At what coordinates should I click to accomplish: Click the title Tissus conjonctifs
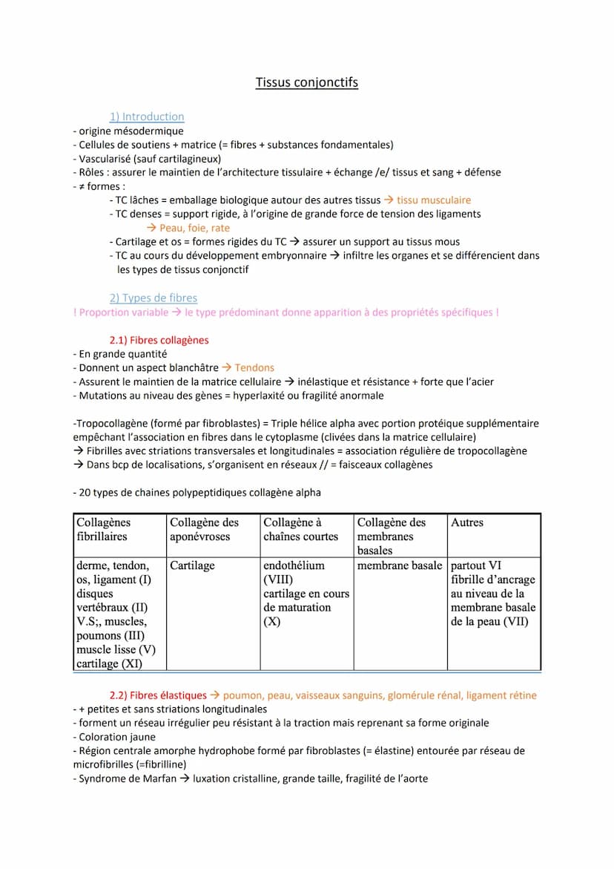[x=306, y=82]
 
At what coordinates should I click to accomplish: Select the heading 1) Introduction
[x=147, y=117]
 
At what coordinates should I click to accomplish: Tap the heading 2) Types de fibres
[x=153, y=298]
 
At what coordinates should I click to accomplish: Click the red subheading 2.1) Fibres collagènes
[x=159, y=340]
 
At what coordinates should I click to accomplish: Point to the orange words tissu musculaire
[x=434, y=200]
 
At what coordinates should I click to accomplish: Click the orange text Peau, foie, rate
[x=194, y=228]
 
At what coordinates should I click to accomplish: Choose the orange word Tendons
[x=254, y=367]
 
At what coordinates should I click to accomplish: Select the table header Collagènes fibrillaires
[x=103, y=529]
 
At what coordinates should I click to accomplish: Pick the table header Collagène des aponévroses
[x=205, y=529]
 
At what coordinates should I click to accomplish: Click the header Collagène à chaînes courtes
[x=300, y=529]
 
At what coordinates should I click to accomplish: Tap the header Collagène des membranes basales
[x=392, y=536]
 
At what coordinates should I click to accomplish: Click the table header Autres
[x=467, y=522]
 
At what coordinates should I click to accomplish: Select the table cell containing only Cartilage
[x=192, y=565]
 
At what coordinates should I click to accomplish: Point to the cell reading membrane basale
[x=400, y=565]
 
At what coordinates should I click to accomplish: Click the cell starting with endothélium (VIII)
[x=306, y=593]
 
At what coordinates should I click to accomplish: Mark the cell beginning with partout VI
[x=493, y=593]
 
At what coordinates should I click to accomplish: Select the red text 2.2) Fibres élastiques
[x=158, y=695]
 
